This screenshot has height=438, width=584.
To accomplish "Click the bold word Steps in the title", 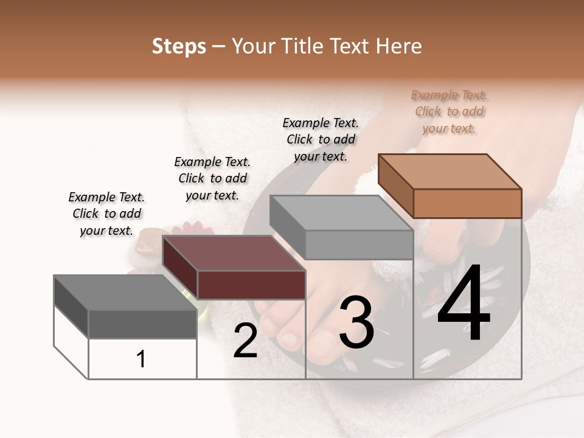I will tap(179, 46).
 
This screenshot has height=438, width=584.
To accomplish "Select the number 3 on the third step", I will tap(356, 322).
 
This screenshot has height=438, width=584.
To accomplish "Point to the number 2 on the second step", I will tap(245, 341).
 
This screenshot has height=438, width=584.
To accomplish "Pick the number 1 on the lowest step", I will tap(141, 360).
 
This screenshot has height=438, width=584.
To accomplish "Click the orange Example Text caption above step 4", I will tap(449, 111).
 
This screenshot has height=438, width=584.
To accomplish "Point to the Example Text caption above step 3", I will tap(321, 139).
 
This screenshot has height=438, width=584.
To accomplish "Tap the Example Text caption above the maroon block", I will tap(212, 178).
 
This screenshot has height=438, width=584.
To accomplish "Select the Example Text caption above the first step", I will tap(106, 214).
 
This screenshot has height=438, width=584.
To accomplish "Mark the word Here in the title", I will tap(398, 46).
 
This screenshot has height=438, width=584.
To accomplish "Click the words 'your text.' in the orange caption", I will tap(449, 128).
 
